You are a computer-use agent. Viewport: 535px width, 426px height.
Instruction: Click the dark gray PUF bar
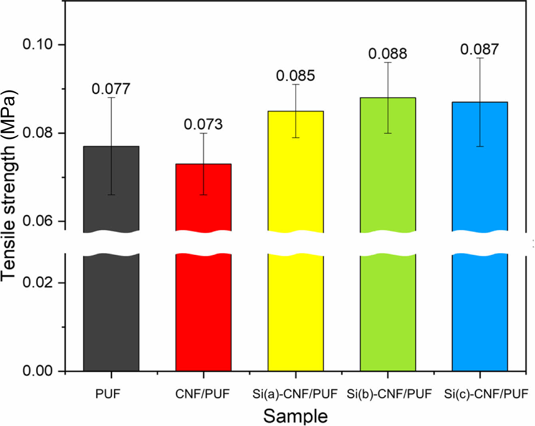click(111, 311)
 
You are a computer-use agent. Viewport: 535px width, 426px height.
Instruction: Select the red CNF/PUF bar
click(203, 311)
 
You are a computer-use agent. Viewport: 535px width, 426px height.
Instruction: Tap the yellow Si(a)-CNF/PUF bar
click(296, 311)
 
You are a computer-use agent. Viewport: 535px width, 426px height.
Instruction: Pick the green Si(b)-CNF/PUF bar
click(388, 311)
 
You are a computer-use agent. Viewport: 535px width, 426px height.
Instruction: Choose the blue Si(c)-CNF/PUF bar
click(480, 311)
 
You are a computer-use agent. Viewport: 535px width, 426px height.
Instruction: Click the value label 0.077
click(111, 89)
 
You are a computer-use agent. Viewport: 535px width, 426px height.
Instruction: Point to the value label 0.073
click(203, 125)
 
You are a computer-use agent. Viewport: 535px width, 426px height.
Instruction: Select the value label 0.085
click(296, 76)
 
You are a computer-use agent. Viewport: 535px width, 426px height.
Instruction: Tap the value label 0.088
click(388, 54)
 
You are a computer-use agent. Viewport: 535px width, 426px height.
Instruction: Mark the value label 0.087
click(479, 50)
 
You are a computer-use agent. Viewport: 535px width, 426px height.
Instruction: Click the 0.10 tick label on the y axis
click(38, 44)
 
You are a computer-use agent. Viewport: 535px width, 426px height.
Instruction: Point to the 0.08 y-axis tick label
click(38, 133)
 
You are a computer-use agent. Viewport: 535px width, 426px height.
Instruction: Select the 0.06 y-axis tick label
click(38, 221)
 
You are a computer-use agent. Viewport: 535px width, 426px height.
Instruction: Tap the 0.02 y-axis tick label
click(38, 283)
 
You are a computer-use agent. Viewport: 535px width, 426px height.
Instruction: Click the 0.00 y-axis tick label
click(38, 371)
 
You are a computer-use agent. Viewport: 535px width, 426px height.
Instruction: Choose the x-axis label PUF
click(108, 394)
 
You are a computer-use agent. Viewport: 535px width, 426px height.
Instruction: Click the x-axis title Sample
click(296, 416)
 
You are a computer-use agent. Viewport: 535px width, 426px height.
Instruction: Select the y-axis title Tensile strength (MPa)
click(9, 186)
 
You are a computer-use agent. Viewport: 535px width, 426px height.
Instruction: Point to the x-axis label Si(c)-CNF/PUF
click(486, 394)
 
